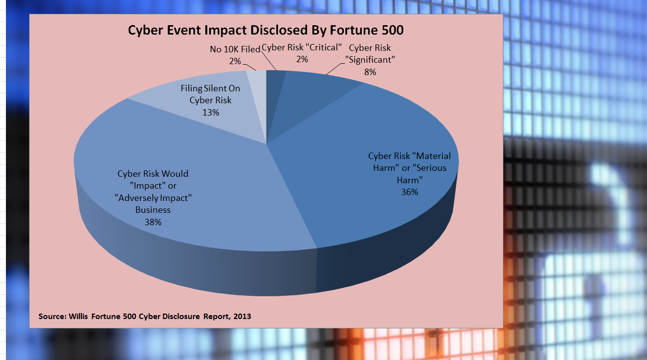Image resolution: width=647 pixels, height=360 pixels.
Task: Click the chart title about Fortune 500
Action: pos(266,30)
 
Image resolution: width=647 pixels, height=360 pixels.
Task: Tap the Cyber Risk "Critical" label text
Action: pos(302,48)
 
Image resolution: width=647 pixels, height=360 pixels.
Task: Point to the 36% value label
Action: pos(410,192)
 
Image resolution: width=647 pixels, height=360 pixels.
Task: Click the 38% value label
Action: pos(153,222)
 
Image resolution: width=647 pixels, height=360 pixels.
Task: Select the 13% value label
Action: pos(211,112)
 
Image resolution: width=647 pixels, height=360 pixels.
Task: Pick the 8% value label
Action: pos(370,72)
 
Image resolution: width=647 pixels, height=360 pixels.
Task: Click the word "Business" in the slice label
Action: pos(153,210)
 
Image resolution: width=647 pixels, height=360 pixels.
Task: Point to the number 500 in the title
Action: pos(391,30)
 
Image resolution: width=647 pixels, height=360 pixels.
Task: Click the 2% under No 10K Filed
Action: pos(234,61)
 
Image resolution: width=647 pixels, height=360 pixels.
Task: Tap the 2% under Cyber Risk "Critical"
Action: pos(302,59)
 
